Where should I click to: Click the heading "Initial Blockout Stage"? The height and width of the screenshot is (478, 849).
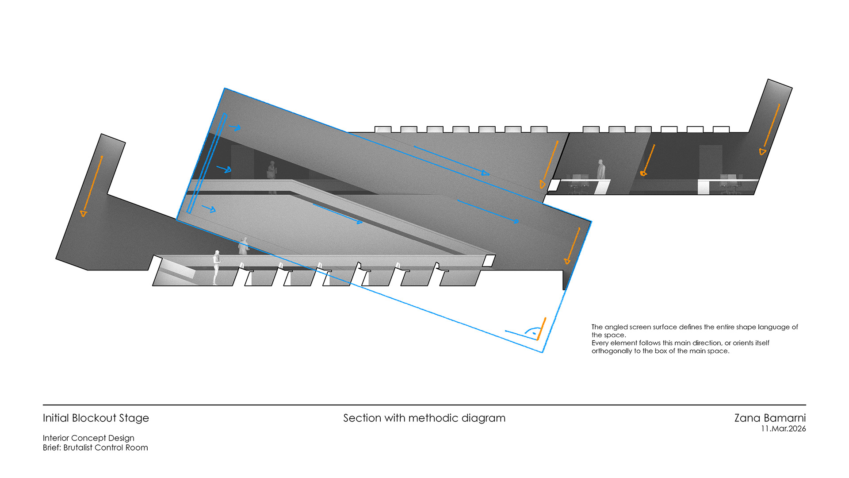coord(96,418)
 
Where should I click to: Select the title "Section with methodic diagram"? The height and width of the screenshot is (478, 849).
coord(424,418)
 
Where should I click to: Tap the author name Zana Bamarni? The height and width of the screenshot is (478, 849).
coord(770,418)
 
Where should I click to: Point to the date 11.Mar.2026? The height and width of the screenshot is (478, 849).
coord(783,429)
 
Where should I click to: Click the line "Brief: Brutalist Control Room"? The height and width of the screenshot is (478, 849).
coord(95,447)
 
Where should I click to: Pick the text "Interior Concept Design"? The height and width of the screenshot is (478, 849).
coord(88,438)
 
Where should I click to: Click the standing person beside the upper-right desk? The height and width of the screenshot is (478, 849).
coord(600,170)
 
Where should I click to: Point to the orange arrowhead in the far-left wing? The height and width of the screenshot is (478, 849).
coord(83,214)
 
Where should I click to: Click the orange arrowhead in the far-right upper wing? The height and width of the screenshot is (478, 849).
coord(762,152)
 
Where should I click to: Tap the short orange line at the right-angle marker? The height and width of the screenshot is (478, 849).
coord(541,328)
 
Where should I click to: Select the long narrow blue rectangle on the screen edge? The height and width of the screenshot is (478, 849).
coord(207,163)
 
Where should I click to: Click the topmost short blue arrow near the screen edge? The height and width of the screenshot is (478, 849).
coord(235,128)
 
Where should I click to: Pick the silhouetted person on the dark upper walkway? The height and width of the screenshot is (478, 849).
coord(272,170)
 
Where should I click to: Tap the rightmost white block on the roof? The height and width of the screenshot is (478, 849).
coord(721,129)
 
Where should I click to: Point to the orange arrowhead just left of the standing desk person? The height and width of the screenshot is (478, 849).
coord(644,173)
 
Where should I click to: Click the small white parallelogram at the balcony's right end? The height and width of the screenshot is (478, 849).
coord(489,261)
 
